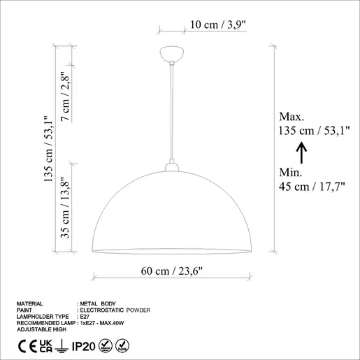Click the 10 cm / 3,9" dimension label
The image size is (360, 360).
tap(218, 24)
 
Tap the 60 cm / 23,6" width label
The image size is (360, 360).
tap(172, 271)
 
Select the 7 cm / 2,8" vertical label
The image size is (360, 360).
tap(66, 96)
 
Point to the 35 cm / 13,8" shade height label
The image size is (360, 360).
tap(65, 208)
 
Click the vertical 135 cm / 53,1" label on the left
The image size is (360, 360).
tap(49, 149)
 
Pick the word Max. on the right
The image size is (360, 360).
tap(291, 117)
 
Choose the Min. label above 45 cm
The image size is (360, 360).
tap(291, 173)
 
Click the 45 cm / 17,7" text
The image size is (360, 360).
tap(312, 187)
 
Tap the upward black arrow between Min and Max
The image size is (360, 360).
tap(301, 152)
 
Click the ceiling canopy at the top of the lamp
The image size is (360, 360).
tap(172, 54)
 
